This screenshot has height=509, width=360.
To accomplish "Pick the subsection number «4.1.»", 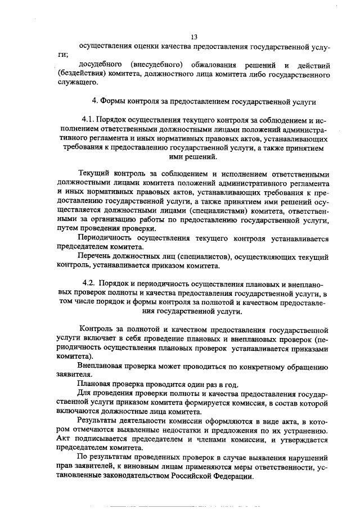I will coord(88,120).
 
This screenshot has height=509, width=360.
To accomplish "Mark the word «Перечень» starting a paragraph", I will coord(94,256).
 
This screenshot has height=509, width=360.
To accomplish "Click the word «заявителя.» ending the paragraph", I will coord(74,376).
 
